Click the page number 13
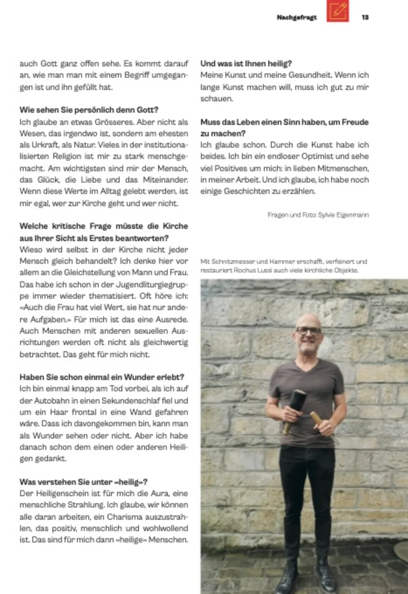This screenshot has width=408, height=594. [x=365, y=17]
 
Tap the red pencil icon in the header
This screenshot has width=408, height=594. [x=338, y=11]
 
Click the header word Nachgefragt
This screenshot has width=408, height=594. [x=297, y=17]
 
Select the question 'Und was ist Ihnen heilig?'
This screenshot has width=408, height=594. [x=246, y=64]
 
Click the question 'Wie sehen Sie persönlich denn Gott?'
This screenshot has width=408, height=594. [x=89, y=110]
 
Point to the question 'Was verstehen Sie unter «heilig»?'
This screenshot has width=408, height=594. [x=83, y=482]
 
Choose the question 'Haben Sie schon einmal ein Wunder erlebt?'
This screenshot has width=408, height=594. [x=102, y=377]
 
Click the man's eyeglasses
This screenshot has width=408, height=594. [x=308, y=331]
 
